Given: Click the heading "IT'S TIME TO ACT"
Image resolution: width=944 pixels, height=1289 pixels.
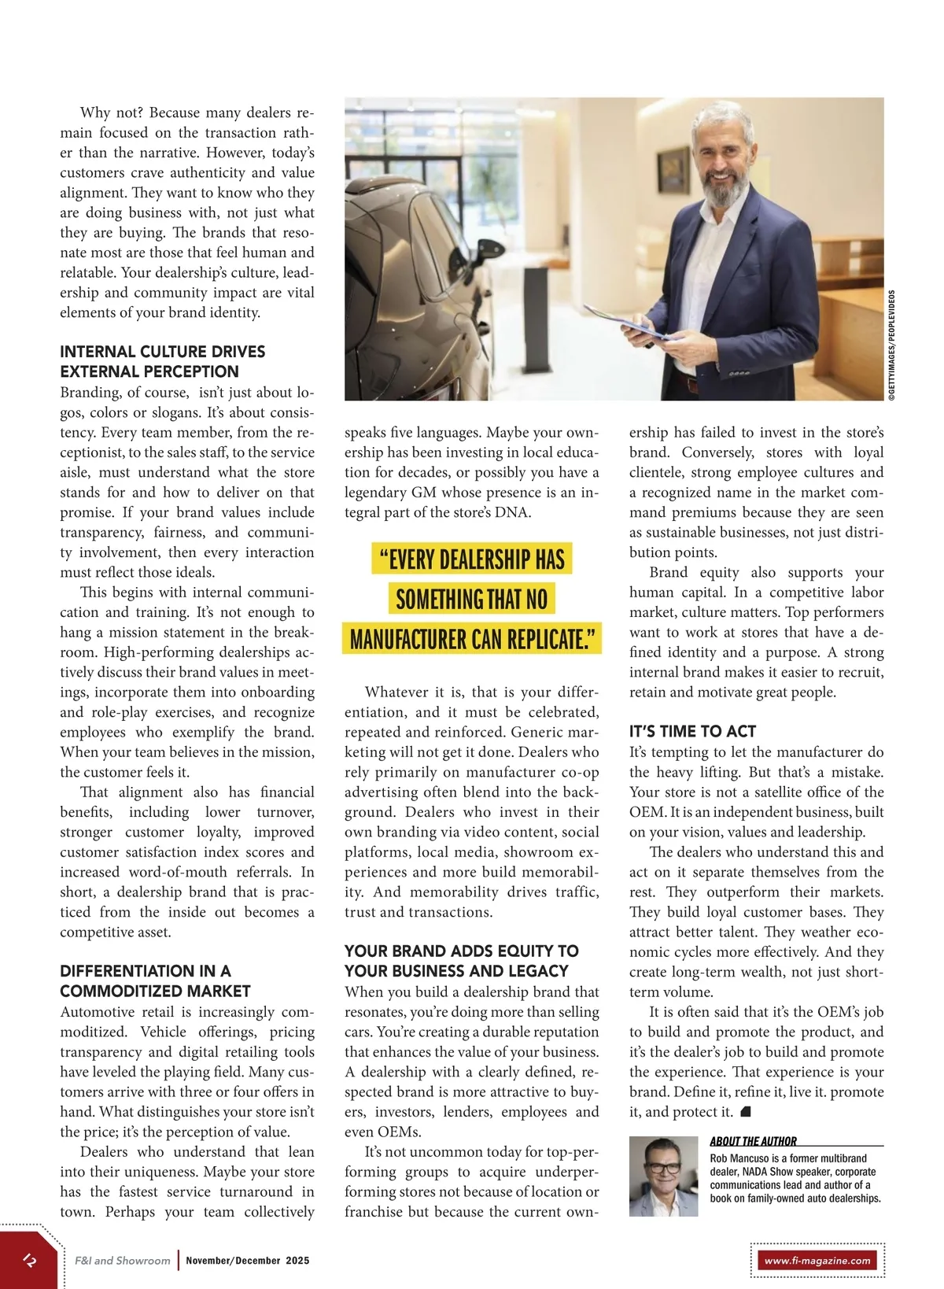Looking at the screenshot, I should [692, 731].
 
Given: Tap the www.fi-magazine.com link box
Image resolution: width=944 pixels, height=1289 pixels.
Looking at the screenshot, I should [817, 1260].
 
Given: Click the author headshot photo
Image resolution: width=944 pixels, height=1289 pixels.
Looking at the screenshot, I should [663, 1176].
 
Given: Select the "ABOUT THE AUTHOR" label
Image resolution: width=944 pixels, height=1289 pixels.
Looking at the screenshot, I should [753, 1141].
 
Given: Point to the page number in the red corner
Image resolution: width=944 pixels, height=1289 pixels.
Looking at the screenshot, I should [30, 1260].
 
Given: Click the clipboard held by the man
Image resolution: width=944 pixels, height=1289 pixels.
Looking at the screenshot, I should [629, 325].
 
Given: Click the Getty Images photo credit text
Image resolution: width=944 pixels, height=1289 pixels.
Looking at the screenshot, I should [891, 346].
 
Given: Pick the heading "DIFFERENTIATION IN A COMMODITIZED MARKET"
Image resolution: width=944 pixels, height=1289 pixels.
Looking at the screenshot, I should [155, 981].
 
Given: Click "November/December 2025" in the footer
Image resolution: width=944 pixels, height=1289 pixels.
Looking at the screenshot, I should [248, 1260].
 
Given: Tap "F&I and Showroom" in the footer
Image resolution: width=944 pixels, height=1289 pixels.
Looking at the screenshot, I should [122, 1260].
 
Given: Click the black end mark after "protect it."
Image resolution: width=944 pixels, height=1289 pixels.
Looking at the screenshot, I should [747, 1111].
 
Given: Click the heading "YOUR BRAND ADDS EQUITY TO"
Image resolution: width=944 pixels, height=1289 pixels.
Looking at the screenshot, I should [461, 951].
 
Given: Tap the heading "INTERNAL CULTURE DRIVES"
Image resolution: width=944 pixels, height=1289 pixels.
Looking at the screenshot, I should [162, 351].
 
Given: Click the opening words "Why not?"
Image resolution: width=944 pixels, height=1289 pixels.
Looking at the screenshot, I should [112, 113].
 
